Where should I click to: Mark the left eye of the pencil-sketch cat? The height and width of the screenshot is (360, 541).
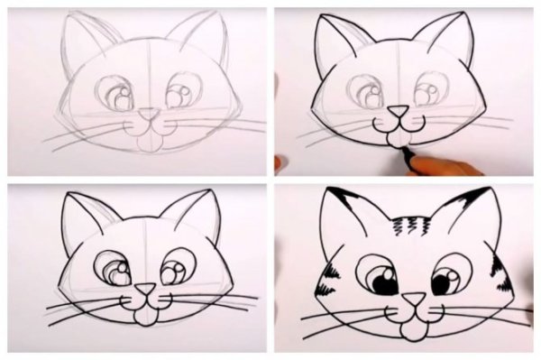click(x=115, y=93)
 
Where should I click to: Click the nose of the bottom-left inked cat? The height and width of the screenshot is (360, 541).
click(x=143, y=291)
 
